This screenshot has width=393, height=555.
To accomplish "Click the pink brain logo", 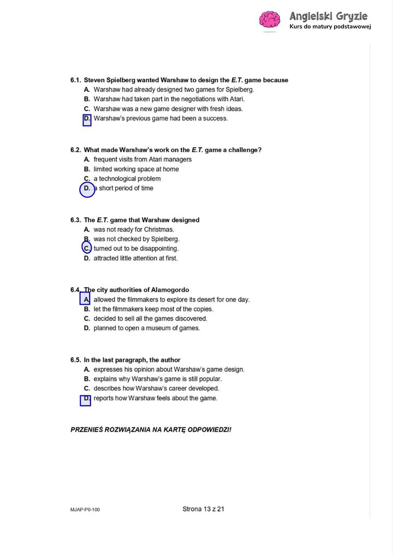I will click(269, 21).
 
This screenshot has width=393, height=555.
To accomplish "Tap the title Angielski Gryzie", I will click(329, 16).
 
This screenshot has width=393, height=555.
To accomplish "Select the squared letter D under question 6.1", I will click(87, 119).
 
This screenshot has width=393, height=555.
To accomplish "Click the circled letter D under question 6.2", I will click(87, 189).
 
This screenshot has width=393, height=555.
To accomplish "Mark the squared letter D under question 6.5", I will click(86, 399).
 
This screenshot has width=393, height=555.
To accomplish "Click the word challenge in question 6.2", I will click(242, 150).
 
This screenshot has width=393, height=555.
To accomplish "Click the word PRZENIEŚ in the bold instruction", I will click(88, 430).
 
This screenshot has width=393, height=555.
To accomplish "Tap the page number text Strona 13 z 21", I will click(204, 509).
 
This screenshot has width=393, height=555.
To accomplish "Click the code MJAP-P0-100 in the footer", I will click(85, 510).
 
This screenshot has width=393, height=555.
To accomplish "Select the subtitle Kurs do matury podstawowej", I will click(330, 27).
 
